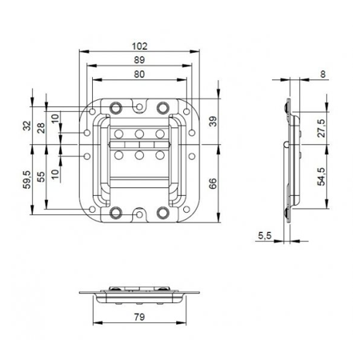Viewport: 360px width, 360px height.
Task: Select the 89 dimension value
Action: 139,61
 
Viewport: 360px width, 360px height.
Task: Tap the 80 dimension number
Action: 139,74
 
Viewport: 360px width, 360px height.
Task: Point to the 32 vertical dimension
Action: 28,126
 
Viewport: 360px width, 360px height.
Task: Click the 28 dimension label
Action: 42,130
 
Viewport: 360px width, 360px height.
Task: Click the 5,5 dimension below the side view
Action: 265,235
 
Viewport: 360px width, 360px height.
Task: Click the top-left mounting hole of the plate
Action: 117,107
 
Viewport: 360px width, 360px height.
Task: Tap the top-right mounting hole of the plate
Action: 162,107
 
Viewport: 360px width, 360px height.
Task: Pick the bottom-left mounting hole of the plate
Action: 117,212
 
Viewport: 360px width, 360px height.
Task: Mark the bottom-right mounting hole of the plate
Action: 162,212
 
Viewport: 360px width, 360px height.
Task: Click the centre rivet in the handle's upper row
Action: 139,133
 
